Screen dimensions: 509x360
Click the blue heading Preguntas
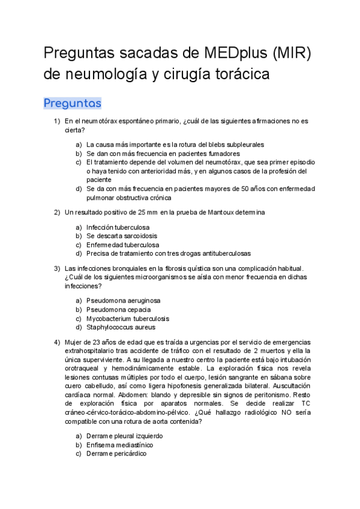click(72, 103)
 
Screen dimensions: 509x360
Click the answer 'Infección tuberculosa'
click(118, 227)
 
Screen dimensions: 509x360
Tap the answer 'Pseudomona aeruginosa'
click(124, 300)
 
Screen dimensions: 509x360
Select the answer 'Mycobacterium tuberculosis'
click(128, 318)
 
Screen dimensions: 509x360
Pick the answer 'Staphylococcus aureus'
click(121, 327)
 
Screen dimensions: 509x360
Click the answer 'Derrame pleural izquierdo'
click(124, 436)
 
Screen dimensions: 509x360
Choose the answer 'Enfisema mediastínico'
click(119, 445)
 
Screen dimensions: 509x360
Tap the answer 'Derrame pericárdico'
click(116, 454)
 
